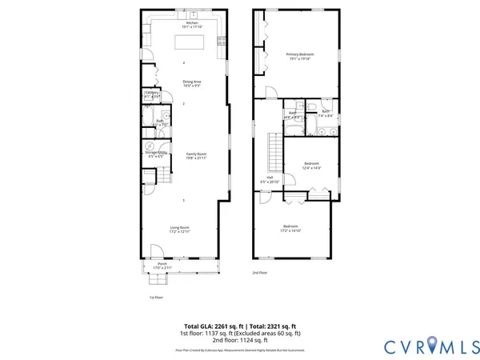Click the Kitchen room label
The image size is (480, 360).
(x=191, y=25)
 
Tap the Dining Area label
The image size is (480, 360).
(x=191, y=83)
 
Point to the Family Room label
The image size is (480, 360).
(x=197, y=155)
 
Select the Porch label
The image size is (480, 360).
(x=162, y=265)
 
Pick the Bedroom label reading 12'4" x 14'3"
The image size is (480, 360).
(x=311, y=166)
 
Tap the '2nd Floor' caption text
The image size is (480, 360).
(x=261, y=273)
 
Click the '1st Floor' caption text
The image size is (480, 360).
(x=158, y=298)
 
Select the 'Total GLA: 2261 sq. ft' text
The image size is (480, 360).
(x=210, y=326)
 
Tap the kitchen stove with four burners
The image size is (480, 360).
(x=222, y=40)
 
